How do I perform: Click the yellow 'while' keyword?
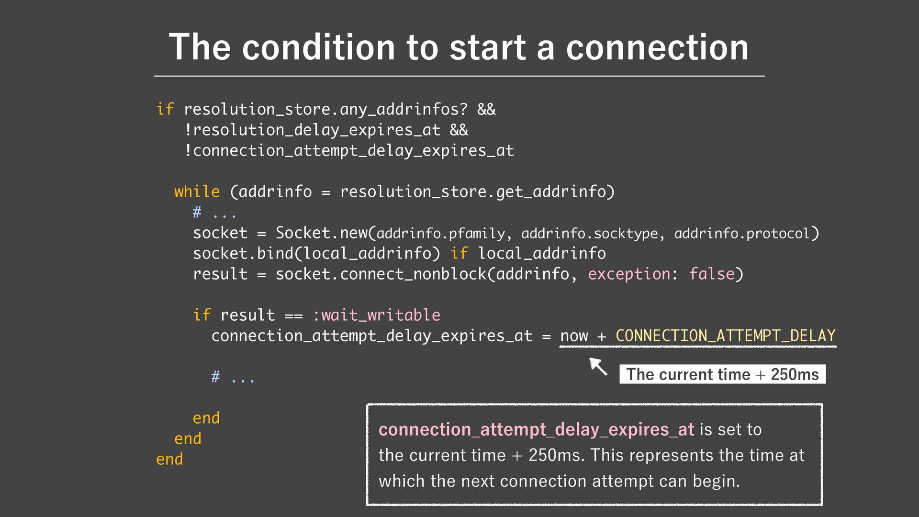[197, 191]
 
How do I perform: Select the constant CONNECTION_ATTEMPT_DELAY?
[725, 336]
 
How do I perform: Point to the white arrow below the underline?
[598, 366]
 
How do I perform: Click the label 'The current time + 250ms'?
[722, 374]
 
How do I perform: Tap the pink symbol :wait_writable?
[376, 315]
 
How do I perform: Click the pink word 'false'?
[711, 274]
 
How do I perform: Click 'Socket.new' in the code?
[321, 233]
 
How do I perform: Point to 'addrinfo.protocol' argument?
[741, 234]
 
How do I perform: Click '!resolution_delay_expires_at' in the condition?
[312, 130]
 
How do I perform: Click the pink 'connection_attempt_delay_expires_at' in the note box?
[536, 429]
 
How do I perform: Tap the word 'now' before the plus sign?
[574, 336]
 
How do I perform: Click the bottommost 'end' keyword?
[169, 459]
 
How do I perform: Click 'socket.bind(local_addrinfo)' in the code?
[316, 253]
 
